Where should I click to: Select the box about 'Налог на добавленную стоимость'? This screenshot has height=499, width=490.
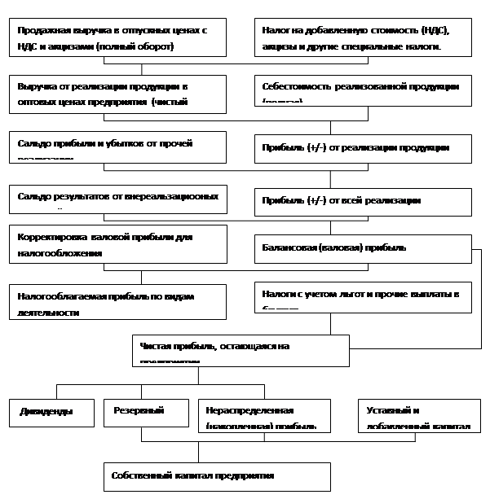click(x=363, y=37)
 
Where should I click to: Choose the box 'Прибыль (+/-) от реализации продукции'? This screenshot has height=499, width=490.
click(x=363, y=147)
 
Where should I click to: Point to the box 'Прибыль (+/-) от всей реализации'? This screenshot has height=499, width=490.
click(x=363, y=200)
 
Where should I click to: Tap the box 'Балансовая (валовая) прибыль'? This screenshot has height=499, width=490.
click(x=363, y=247)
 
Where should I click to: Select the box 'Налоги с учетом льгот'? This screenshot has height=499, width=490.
click(x=363, y=297)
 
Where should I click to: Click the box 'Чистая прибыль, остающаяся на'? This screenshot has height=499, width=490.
click(x=241, y=350)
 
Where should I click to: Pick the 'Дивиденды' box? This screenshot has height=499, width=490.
click(x=51, y=414)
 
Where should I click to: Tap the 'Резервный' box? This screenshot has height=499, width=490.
click(x=146, y=414)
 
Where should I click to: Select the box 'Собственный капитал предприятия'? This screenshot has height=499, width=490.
click(x=217, y=476)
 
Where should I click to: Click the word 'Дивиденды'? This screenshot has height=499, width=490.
click(x=46, y=412)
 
